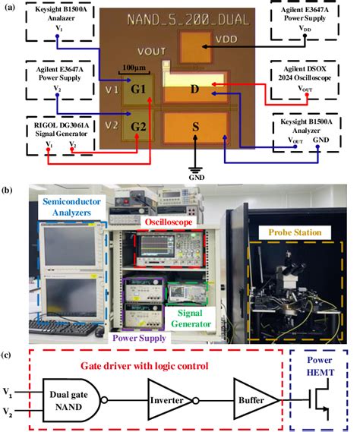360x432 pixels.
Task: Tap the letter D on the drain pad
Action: pyautogui.click(x=194, y=90)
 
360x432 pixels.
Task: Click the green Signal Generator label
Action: pyautogui.click(x=196, y=314)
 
